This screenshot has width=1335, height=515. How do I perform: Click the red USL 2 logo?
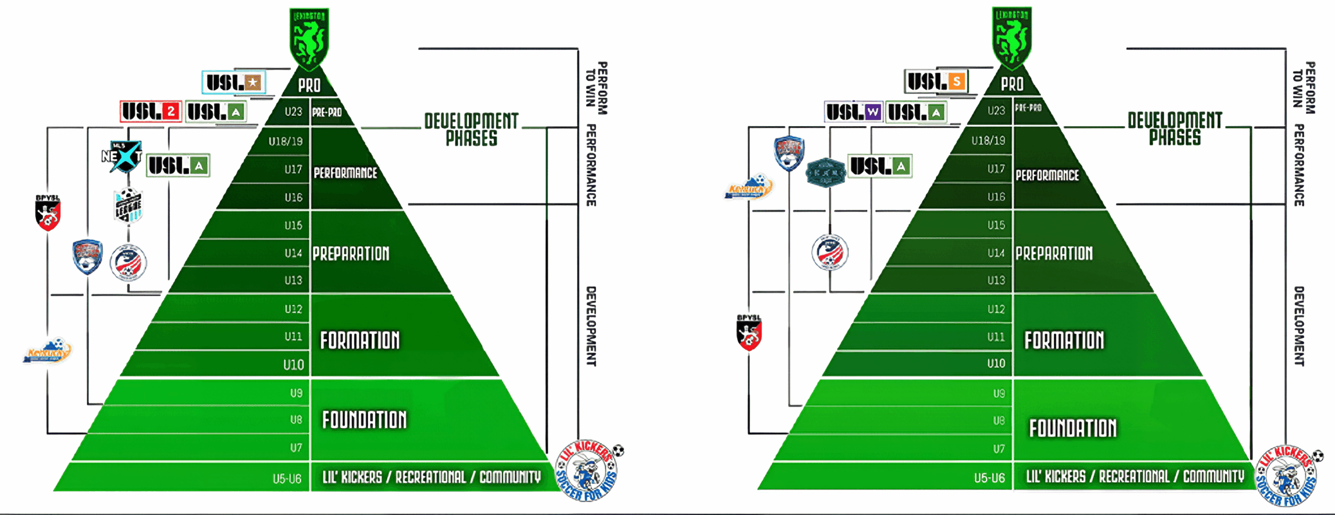pyautogui.click(x=151, y=112)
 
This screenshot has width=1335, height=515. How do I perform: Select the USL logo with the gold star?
pyautogui.click(x=234, y=82)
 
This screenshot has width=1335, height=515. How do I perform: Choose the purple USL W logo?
pyautogui.click(x=854, y=112)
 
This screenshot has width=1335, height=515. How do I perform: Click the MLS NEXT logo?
pyautogui.click(x=123, y=156)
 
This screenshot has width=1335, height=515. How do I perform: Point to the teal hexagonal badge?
pyautogui.click(x=825, y=172)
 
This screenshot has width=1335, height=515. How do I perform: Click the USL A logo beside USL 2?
pyautogui.click(x=216, y=112)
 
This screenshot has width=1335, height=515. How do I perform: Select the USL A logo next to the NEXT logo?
pyautogui.click(x=178, y=166)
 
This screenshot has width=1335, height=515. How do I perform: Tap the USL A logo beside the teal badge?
pyautogui.click(x=880, y=166)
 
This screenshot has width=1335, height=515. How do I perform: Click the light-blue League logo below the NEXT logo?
pyautogui.click(x=128, y=205)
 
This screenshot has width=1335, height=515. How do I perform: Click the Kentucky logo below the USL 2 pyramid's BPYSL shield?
pyautogui.click(x=47, y=351)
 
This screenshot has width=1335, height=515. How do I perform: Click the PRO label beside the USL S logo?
pyautogui.click(x=1012, y=84)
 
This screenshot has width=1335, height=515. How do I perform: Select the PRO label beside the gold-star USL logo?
pyautogui.click(x=309, y=85)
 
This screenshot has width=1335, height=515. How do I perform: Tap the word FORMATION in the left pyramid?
pyautogui.click(x=360, y=340)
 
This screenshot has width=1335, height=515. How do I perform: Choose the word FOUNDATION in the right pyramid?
pyautogui.click(x=1073, y=428)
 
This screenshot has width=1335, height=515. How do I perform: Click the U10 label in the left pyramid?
pyautogui.click(x=294, y=364)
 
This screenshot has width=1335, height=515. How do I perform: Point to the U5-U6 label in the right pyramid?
pyautogui.click(x=989, y=477)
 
